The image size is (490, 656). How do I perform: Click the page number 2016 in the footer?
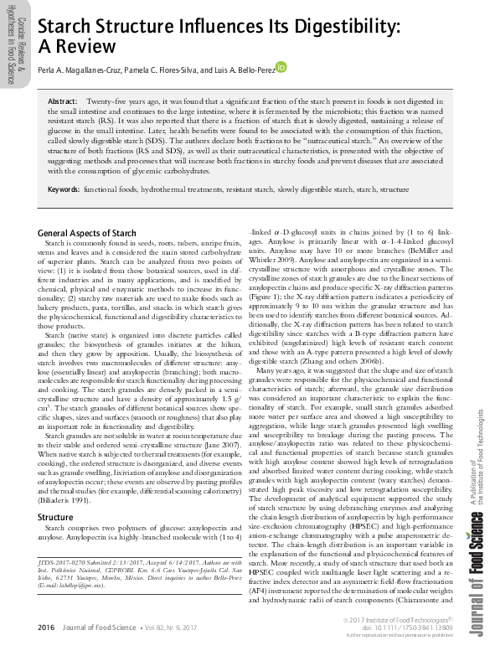(46, 627)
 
